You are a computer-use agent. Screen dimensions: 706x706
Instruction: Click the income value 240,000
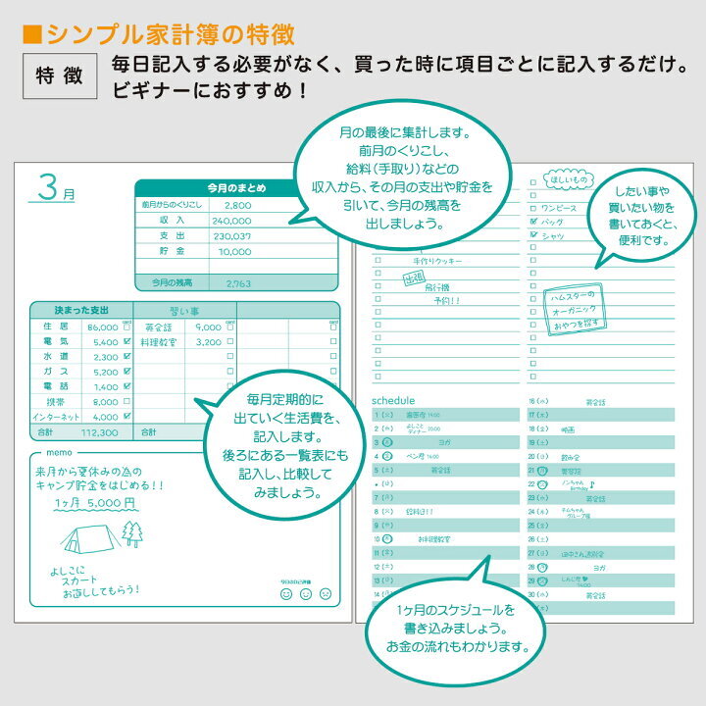231,221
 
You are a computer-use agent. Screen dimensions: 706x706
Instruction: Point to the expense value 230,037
231,236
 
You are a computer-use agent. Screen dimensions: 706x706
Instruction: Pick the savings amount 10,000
233,252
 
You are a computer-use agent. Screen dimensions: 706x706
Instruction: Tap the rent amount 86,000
102,327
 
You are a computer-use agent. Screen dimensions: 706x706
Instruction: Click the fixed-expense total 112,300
100,431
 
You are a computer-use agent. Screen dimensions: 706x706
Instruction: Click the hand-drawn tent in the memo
86,536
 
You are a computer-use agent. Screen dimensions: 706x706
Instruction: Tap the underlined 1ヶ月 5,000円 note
95,502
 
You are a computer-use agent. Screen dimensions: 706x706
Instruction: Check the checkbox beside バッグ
532,222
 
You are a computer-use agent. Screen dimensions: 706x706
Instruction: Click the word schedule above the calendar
394,400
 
